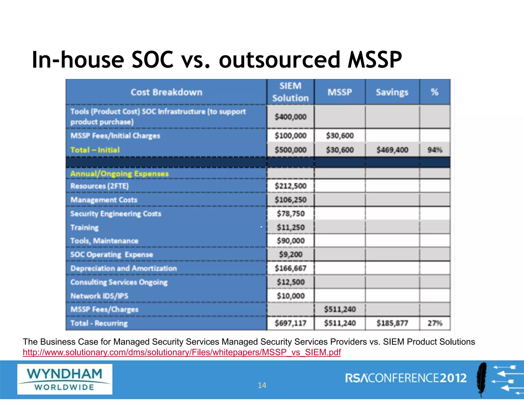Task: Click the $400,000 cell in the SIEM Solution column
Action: click(x=290, y=117)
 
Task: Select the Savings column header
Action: click(x=392, y=92)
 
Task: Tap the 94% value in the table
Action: click(x=435, y=150)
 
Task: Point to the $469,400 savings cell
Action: click(x=392, y=150)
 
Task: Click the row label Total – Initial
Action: click(x=95, y=150)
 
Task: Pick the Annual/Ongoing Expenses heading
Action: click(x=119, y=174)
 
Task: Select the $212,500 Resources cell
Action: click(x=290, y=186)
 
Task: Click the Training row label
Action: click(x=84, y=227)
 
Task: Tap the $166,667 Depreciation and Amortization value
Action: click(x=290, y=268)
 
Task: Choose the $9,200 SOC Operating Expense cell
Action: click(x=291, y=254)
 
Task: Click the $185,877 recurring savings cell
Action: click(x=392, y=323)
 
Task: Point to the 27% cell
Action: click(x=435, y=323)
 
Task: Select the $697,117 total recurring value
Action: click(x=290, y=323)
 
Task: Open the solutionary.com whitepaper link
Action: click(x=182, y=353)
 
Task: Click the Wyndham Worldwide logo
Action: click(x=65, y=379)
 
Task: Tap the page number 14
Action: click(x=262, y=385)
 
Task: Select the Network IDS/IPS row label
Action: click(x=99, y=296)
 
